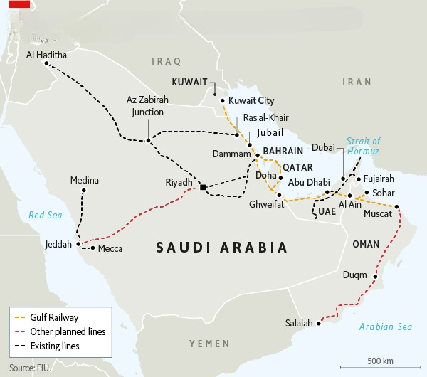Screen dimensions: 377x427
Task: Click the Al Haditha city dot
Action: coord(46,63)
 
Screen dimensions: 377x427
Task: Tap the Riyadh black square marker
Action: coord(203,187)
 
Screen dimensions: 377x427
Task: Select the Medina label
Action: coord(84,180)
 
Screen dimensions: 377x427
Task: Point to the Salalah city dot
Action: coord(319,324)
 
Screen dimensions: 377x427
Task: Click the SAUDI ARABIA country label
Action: coord(221,248)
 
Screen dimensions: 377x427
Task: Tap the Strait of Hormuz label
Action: coord(364,147)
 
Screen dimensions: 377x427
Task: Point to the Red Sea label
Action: coord(41,215)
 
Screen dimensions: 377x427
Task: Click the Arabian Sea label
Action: coord(385,327)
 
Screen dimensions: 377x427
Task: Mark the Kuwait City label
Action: coord(251,101)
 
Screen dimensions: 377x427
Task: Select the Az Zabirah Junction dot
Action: coord(148,140)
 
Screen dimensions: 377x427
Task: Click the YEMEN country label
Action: coord(209,344)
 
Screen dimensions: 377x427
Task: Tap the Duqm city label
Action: coord(354,275)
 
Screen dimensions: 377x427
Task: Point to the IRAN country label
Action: coord(357,82)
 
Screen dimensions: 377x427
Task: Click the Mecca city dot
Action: coord(93,248)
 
